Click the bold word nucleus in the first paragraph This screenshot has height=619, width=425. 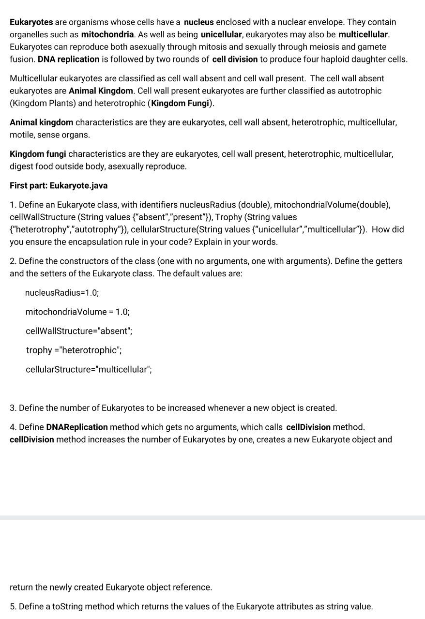pos(198,22)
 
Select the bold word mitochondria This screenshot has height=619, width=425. pos(107,34)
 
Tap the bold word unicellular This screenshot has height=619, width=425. pos(221,34)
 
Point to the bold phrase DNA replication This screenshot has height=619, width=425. pos(68,59)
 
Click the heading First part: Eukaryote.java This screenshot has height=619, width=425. pos(59,185)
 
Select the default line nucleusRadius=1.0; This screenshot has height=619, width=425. pos(62,293)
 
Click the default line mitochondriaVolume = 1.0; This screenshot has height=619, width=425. pos(77,312)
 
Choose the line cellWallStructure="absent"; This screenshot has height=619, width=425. pos(79,331)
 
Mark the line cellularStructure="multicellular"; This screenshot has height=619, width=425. pos(89,369)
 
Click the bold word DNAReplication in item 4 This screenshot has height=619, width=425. pos(77,427)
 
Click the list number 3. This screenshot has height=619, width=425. pos(13,408)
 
